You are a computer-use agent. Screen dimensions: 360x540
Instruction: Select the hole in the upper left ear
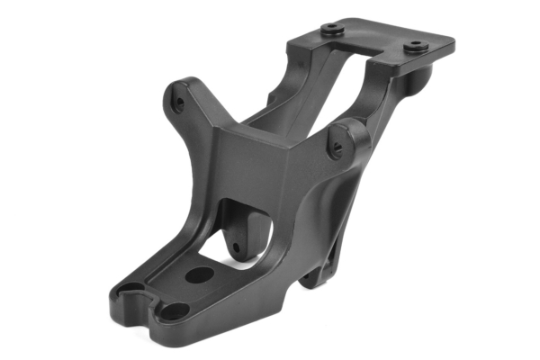click(180, 102)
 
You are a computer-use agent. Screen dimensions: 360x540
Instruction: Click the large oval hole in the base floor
click(199, 274)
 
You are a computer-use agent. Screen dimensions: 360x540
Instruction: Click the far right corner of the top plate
click(453, 41)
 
